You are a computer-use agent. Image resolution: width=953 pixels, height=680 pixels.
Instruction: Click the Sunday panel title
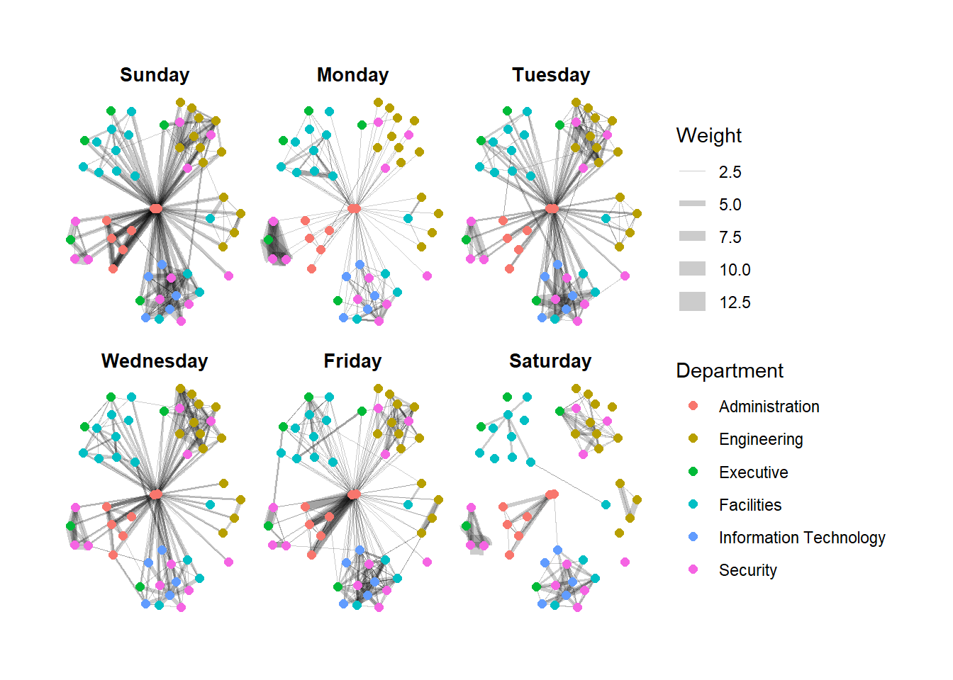(x=155, y=75)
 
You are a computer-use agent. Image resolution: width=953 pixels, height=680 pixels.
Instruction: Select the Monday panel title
(x=352, y=75)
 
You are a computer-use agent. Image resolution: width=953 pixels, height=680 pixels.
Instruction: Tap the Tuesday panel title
(x=551, y=75)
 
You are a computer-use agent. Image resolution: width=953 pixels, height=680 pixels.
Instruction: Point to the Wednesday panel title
(x=155, y=361)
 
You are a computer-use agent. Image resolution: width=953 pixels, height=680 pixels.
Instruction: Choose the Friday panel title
(x=352, y=361)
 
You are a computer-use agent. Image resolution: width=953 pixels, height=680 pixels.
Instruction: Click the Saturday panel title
(x=550, y=361)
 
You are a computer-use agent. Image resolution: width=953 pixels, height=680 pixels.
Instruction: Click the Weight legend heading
(x=708, y=136)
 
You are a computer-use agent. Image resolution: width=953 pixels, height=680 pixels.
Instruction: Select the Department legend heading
(x=729, y=371)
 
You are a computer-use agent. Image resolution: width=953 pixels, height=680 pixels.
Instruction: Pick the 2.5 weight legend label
(x=730, y=172)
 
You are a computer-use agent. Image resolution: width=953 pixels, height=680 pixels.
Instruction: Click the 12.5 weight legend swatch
(x=692, y=302)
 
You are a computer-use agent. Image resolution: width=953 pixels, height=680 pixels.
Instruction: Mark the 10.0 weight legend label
(x=734, y=270)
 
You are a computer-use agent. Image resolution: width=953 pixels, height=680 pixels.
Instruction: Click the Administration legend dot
(x=693, y=406)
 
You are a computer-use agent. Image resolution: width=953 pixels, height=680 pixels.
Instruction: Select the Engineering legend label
(x=760, y=439)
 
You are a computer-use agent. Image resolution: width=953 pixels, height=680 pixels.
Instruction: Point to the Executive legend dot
(x=693, y=472)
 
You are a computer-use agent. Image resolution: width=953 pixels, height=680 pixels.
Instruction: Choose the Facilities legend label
(x=749, y=505)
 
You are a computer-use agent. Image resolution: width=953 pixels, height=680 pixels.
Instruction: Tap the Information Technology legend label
(x=801, y=538)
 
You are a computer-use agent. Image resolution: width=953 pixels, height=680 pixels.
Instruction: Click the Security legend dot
(x=693, y=569)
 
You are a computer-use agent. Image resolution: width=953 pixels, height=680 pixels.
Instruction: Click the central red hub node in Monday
(x=354, y=208)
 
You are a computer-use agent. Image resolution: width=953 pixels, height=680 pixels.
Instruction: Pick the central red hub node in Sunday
(x=156, y=208)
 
